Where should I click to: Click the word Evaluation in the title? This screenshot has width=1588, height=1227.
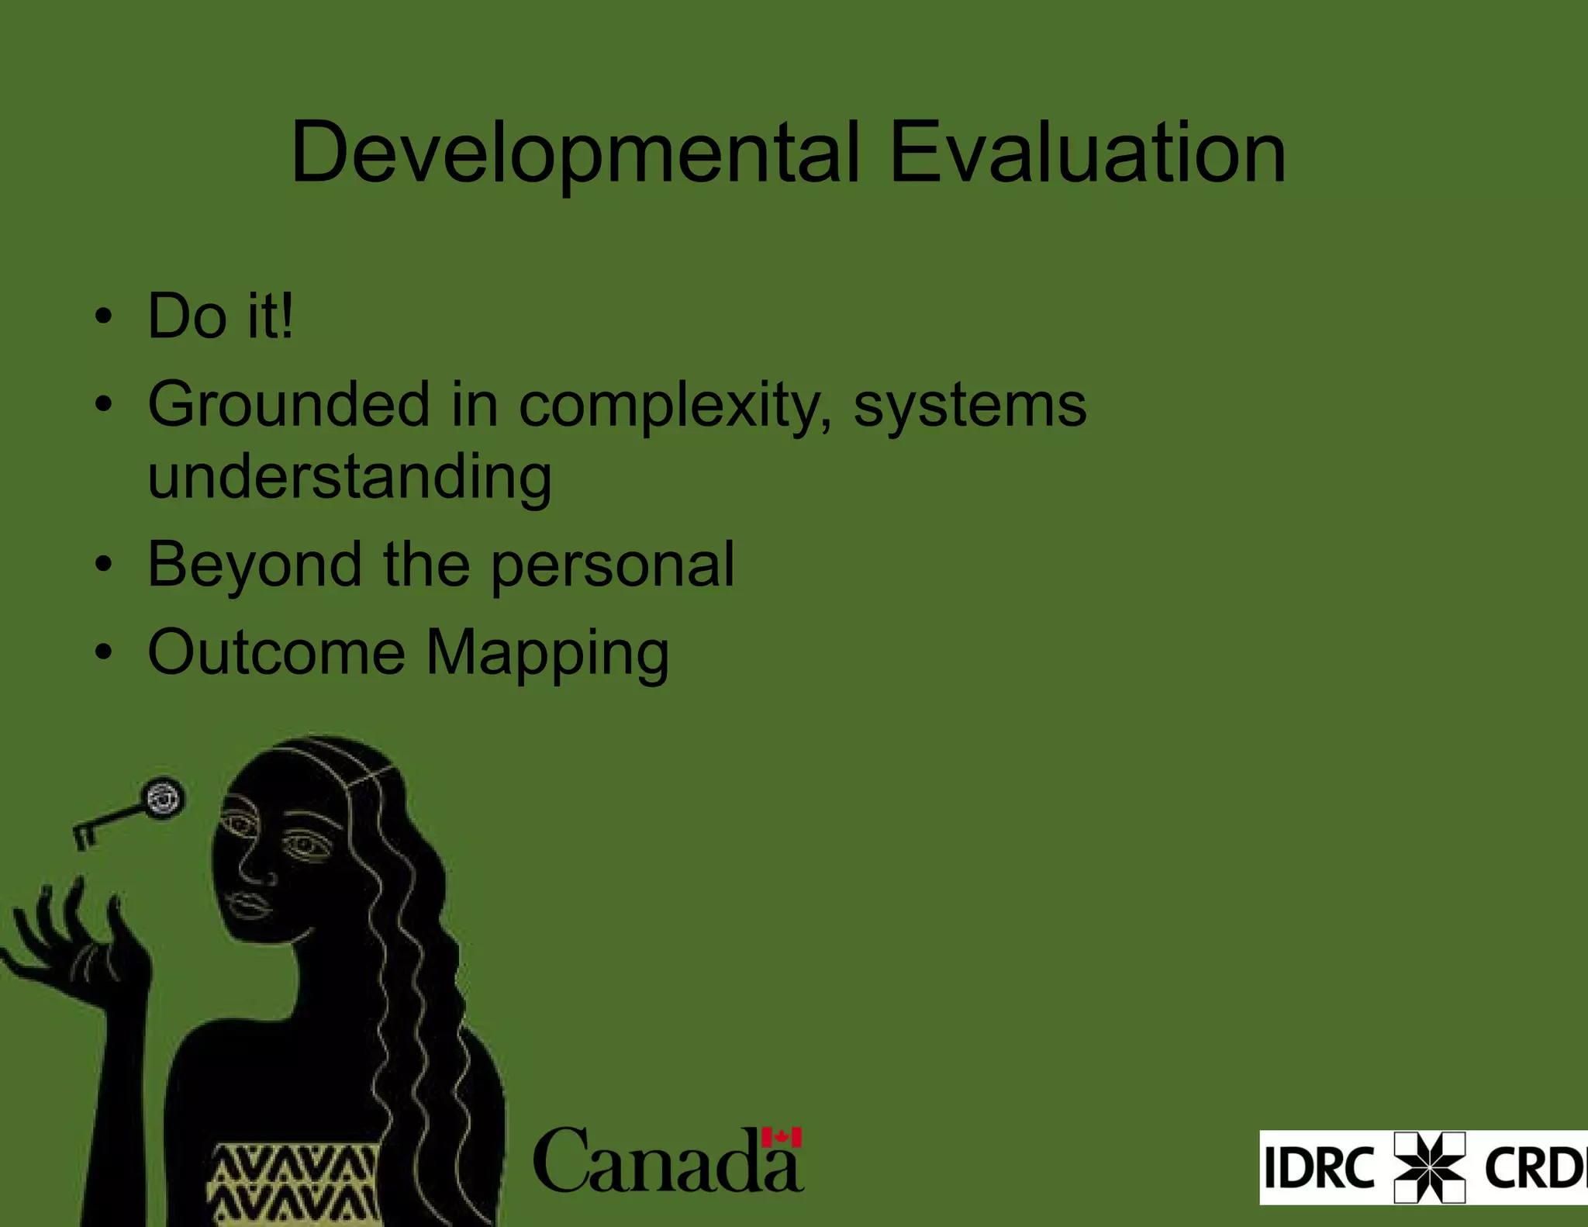click(x=1087, y=153)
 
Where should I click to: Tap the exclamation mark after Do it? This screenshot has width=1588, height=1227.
click(x=287, y=316)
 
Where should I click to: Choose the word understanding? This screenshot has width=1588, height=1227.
click(x=350, y=477)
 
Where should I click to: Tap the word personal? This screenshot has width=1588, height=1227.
click(x=613, y=565)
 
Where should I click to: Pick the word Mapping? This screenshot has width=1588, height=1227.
click(x=547, y=654)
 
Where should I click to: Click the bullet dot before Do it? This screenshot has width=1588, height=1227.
click(x=103, y=317)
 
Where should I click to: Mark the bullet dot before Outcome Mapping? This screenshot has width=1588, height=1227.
click(x=103, y=652)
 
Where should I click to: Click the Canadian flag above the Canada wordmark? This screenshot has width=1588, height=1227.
click(x=781, y=1137)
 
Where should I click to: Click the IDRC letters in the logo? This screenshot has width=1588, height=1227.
click(x=1319, y=1167)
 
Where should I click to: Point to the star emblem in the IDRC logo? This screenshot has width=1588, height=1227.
click(x=1429, y=1167)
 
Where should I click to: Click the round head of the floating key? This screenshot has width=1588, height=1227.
click(x=163, y=798)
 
